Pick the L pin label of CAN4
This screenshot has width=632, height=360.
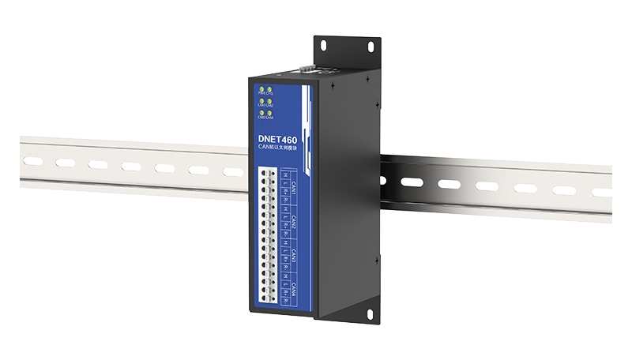(284, 289)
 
